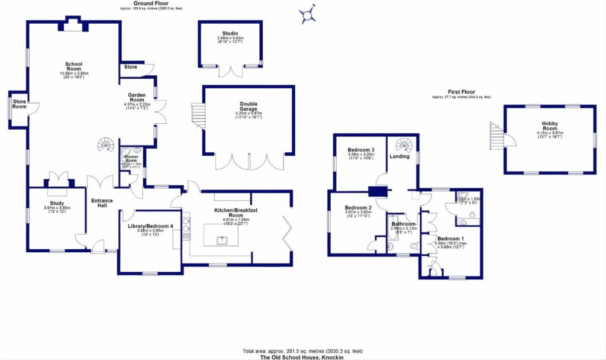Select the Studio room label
coord(230,34)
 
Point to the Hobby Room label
coord(550,126)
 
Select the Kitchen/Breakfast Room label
coord(236,213)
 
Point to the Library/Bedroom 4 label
coord(150,226)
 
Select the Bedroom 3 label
coord(360,150)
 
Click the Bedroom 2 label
coord(358,208)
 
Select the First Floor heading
coord(462,92)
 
